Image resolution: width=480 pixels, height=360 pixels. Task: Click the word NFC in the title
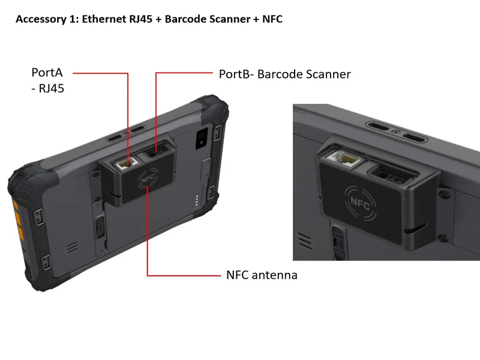tap(272, 19)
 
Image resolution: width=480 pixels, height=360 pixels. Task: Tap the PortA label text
tap(47, 73)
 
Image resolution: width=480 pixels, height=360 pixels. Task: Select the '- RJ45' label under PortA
tap(48, 88)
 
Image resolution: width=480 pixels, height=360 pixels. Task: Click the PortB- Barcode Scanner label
tap(284, 74)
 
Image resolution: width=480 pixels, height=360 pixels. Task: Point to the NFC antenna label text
tap(262, 275)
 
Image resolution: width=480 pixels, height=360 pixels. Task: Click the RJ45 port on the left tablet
tap(126, 163)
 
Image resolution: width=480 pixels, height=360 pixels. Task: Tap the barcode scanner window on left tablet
tap(157, 152)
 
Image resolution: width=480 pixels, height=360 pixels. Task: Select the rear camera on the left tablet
tap(202, 139)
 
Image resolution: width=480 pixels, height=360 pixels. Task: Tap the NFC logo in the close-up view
tap(360, 203)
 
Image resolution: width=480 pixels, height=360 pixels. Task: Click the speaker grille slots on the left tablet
tap(72, 248)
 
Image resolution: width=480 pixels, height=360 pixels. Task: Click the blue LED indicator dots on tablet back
tap(197, 200)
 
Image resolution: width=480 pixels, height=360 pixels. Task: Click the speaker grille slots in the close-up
tap(305, 241)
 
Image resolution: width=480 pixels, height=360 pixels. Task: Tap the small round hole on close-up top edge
tap(397, 132)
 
